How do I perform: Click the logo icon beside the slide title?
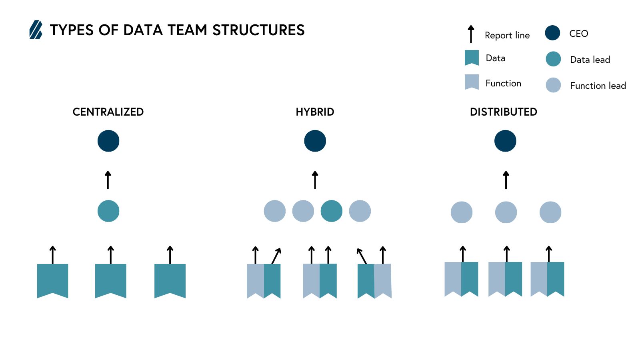coord(36,30)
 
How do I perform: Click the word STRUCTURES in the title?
coord(258,30)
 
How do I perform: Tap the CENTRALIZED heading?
coord(108,112)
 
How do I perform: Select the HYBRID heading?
coord(315,112)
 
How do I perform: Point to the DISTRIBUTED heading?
coord(503,112)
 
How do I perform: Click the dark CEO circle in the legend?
coord(552,33)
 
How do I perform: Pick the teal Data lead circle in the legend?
coord(553,59)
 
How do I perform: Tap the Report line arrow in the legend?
coord(471,34)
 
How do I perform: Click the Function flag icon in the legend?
coord(472,82)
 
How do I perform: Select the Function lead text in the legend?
coord(598,86)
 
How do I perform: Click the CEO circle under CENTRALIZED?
coord(108,141)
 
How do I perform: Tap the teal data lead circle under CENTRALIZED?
coord(108,211)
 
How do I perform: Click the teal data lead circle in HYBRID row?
coord(332,211)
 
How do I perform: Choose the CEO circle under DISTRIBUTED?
coord(505,141)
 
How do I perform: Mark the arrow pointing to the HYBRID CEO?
coord(315,180)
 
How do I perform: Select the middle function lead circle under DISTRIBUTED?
coord(506,212)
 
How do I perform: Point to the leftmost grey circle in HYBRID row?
coord(275,211)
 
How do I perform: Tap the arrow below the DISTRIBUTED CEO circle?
coord(506,180)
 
